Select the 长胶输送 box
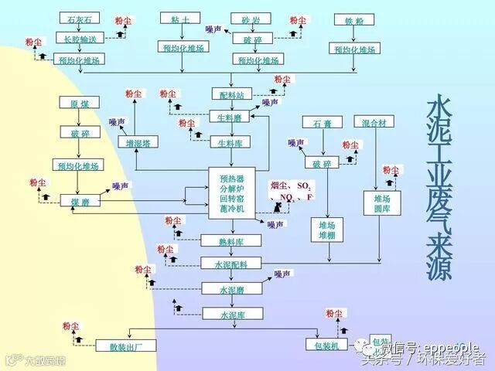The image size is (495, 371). pos(80,39)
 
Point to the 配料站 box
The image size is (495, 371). pos(231,95)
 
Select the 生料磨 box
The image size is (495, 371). pos(231,116)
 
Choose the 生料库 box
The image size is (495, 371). pos(231,143)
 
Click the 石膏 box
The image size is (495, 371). pos(322,124)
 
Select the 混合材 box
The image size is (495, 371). pos(377,123)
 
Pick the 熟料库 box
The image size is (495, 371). pos(231,242)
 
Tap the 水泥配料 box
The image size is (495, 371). pos(231,264)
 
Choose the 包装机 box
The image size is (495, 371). pos(322,345)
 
